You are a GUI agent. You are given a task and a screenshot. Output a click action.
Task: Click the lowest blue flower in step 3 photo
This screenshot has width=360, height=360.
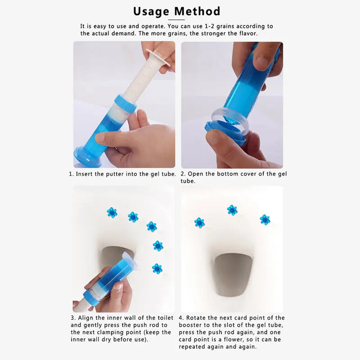157,269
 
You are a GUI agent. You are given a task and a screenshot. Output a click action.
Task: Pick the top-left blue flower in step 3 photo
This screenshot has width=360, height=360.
112,212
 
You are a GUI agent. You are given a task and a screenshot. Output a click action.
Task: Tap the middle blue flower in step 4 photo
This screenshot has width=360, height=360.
232,210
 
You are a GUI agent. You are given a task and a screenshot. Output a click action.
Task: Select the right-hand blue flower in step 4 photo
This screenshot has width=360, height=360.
265,220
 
